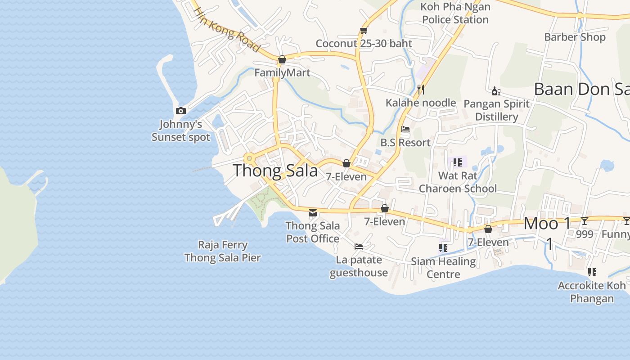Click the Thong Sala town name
(275, 171)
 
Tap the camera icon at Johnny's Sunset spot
(181, 111)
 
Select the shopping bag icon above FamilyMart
(282, 59)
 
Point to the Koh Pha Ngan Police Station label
(455, 13)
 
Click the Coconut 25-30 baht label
(364, 44)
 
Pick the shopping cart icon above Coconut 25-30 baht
(364, 30)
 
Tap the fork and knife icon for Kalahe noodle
(421, 89)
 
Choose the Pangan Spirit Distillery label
(496, 110)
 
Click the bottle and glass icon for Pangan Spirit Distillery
(496, 91)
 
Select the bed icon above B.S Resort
(405, 130)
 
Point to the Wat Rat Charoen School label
(458, 182)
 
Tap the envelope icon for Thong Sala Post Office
(313, 212)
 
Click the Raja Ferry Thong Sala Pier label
(223, 251)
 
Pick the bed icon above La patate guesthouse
(359, 247)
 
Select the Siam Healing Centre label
(443, 267)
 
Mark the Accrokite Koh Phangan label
(592, 292)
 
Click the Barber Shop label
(575, 37)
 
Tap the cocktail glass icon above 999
(584, 220)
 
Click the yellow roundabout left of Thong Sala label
(249, 158)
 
